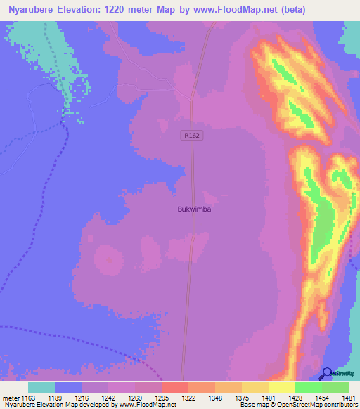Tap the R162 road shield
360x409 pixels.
[x=191, y=137]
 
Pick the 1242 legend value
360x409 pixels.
[x=108, y=398]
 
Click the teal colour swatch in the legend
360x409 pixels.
[x=41, y=387]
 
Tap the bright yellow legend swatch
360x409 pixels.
[x=281, y=387]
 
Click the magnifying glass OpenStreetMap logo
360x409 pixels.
[x=326, y=374]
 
